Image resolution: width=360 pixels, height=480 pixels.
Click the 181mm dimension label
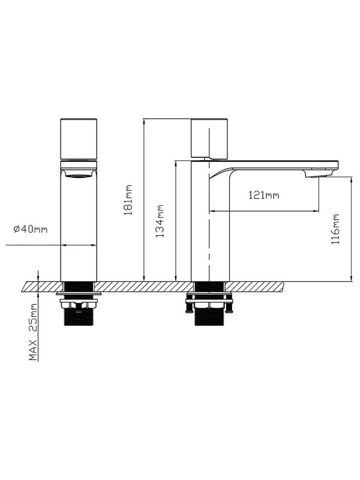click(128, 200)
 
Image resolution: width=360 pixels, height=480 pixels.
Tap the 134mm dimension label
click(160, 221)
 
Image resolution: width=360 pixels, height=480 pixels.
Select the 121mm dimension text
click(263, 194)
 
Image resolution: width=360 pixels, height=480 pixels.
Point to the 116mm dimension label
click(335, 229)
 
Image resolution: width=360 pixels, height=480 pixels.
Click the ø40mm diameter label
click(31, 229)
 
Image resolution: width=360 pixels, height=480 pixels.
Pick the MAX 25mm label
click(33, 332)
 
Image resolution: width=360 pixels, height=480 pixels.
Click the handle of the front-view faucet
click(79, 139)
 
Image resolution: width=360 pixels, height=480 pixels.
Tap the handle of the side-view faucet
click(209, 138)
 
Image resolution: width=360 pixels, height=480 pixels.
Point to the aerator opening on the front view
click(79, 175)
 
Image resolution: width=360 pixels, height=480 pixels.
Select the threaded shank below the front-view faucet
click(79, 317)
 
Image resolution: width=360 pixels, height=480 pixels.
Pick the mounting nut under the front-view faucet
click(79, 304)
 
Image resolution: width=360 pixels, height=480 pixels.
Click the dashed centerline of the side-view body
click(209, 205)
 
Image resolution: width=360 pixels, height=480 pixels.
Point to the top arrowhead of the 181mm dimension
click(143, 121)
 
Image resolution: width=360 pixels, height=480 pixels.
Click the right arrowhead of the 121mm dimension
click(316, 211)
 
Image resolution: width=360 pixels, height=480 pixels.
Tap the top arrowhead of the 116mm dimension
click(351, 179)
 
